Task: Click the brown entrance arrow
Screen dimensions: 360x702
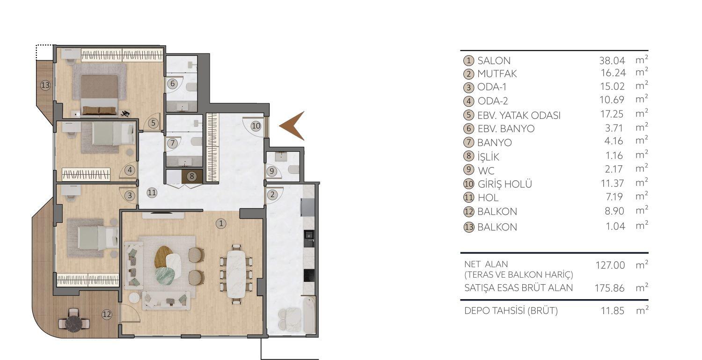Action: click(x=293, y=126)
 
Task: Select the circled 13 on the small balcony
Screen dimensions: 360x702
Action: click(x=45, y=86)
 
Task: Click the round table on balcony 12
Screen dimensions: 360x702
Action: click(x=73, y=322)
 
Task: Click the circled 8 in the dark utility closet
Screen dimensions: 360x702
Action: click(x=191, y=176)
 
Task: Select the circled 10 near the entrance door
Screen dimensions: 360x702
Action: click(x=255, y=125)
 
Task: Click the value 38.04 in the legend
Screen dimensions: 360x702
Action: click(x=612, y=60)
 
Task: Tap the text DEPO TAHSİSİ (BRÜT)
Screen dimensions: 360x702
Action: click(x=511, y=311)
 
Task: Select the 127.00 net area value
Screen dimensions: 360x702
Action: click(x=610, y=265)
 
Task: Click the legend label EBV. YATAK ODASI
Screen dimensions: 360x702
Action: click(x=519, y=115)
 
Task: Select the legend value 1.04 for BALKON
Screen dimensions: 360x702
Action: click(x=615, y=227)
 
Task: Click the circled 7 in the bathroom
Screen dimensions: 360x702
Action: click(x=172, y=143)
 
